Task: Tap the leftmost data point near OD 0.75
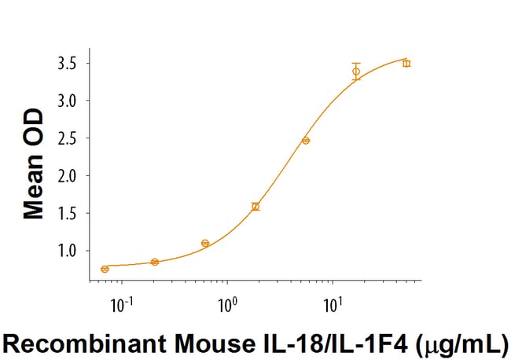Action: point(105,269)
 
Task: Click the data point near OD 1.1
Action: point(205,243)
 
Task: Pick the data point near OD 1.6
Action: point(256,207)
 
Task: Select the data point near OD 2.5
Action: point(306,141)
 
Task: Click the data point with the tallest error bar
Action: point(356,72)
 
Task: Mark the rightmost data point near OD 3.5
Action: point(406,63)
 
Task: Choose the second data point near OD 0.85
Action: point(155,262)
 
